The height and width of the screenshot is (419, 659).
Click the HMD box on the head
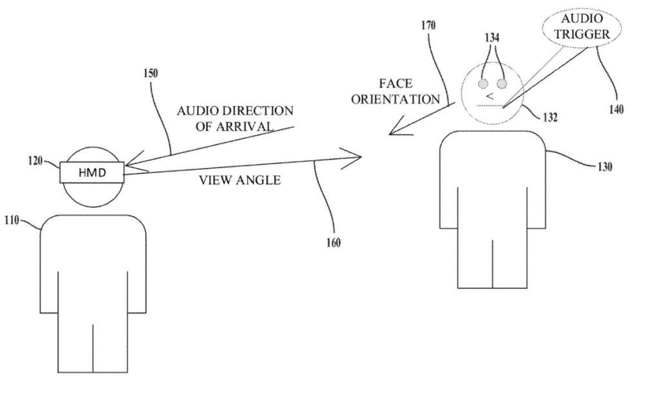point(91,172)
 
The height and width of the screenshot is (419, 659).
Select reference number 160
point(333,243)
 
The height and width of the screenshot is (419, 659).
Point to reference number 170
point(429,26)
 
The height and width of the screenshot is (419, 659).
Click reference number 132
point(549,118)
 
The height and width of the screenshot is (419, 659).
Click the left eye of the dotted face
point(483,84)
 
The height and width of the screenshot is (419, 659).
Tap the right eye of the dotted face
point(501,84)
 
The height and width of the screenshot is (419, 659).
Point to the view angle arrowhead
point(355,156)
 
